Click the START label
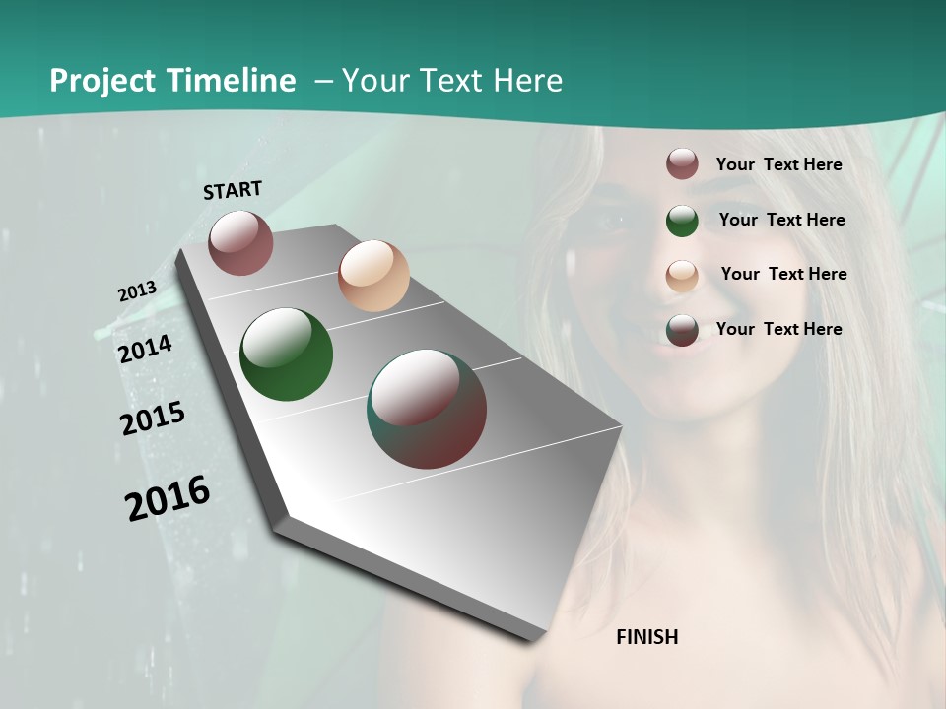click(x=233, y=190)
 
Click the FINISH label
click(x=647, y=637)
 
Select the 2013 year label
click(x=137, y=290)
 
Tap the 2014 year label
click(x=145, y=349)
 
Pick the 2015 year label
click(x=152, y=419)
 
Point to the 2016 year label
click(x=168, y=498)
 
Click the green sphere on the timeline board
click(x=286, y=354)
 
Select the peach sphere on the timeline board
click(x=373, y=276)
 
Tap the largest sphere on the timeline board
click(x=427, y=409)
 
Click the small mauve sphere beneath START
click(x=240, y=242)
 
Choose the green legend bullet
click(x=682, y=221)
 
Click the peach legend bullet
click(x=682, y=276)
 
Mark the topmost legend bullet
click(x=682, y=163)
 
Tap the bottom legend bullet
click(x=682, y=330)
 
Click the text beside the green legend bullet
click(x=781, y=220)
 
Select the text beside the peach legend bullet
click(x=783, y=274)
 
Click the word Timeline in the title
click(x=232, y=81)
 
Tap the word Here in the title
click(x=527, y=81)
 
